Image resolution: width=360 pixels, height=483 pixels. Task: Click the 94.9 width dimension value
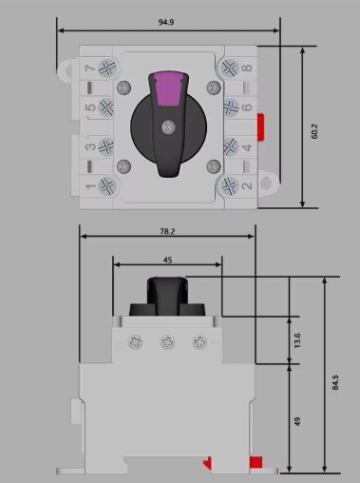pyautogui.click(x=166, y=22)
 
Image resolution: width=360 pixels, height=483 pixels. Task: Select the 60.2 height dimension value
pyautogui.click(x=314, y=131)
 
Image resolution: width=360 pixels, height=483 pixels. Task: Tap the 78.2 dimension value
pyautogui.click(x=167, y=231)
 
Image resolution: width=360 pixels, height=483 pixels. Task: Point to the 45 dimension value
pyautogui.click(x=167, y=261)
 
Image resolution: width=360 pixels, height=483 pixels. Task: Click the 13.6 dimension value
pyautogui.click(x=297, y=340)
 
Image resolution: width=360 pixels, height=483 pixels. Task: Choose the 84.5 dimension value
pyautogui.click(x=335, y=382)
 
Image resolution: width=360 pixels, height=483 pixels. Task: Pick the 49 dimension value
pyautogui.click(x=297, y=421)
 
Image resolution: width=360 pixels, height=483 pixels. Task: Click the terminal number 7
pyautogui.click(x=90, y=68)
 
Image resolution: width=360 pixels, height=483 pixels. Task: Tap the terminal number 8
pyautogui.click(x=247, y=68)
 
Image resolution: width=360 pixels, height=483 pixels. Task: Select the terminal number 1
pyautogui.click(x=90, y=186)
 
